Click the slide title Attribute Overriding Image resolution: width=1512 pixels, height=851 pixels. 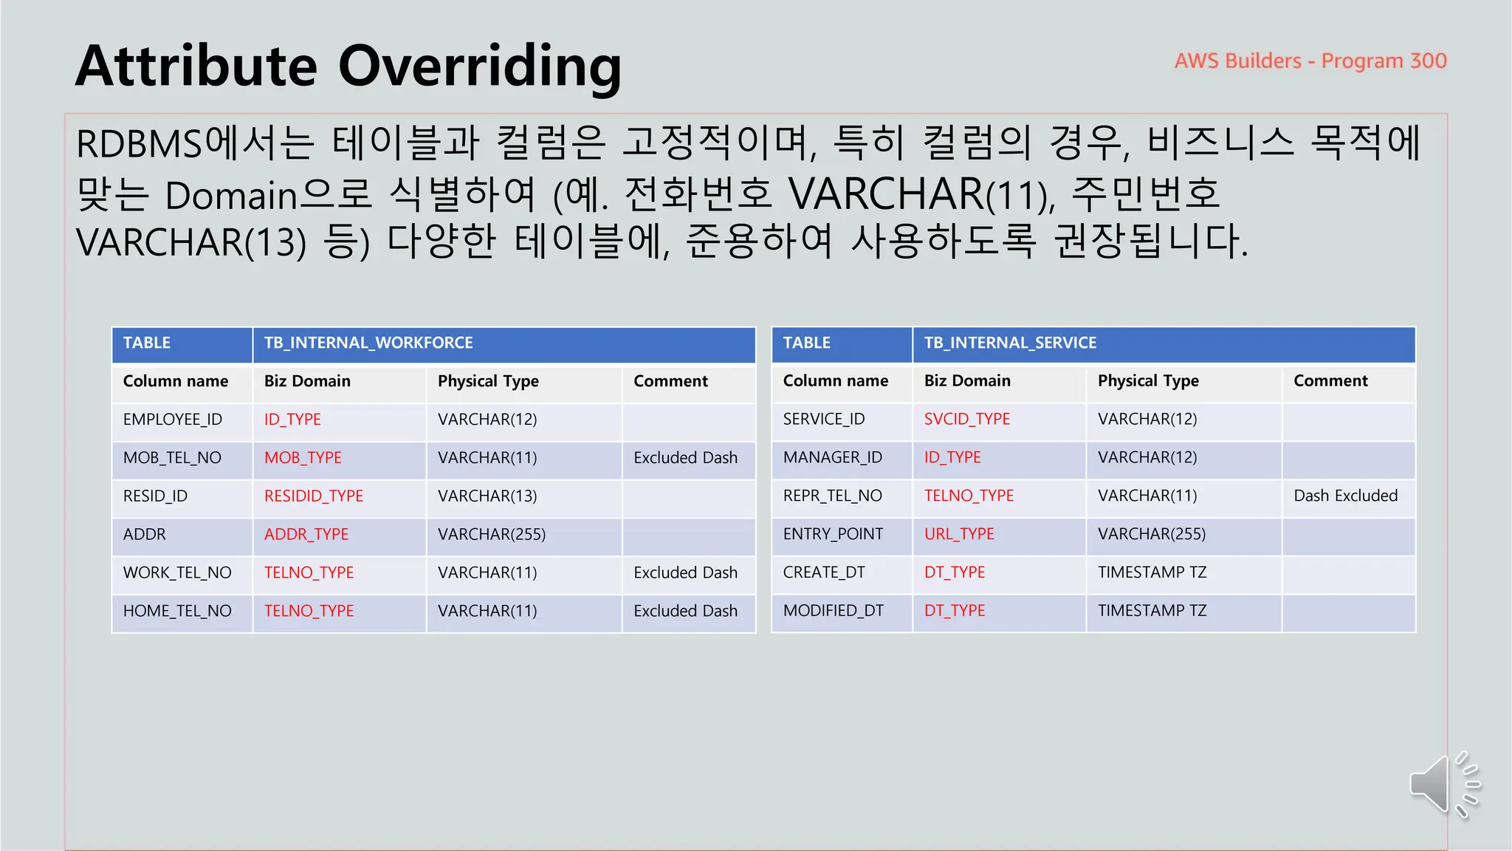348,66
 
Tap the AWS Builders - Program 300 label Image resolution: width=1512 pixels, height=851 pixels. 1310,61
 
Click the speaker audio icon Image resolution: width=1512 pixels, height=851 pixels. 1443,785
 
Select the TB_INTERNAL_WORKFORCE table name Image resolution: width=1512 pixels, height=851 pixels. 368,343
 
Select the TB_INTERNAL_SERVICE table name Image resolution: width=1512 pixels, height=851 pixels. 1010,343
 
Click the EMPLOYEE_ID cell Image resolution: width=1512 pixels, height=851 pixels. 173,420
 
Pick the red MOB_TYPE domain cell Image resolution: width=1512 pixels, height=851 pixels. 303,458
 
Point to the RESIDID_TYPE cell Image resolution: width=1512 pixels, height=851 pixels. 314,496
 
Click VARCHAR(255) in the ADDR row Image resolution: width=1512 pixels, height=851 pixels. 492,535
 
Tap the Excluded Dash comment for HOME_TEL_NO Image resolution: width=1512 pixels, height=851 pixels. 685,611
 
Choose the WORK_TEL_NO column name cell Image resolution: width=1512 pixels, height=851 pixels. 177,573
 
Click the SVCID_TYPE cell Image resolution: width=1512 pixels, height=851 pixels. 967,419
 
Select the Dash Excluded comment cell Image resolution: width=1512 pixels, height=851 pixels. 1345,496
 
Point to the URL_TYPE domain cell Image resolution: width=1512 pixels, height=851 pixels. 959,534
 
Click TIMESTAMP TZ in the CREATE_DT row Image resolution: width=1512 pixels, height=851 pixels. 1152,573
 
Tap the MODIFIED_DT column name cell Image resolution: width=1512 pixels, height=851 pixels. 833,611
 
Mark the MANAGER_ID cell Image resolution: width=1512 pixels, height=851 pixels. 832,457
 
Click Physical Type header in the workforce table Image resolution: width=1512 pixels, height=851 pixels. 488,381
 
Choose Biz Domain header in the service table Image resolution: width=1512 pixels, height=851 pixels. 967,381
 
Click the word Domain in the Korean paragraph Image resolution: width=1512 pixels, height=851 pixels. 230,195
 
